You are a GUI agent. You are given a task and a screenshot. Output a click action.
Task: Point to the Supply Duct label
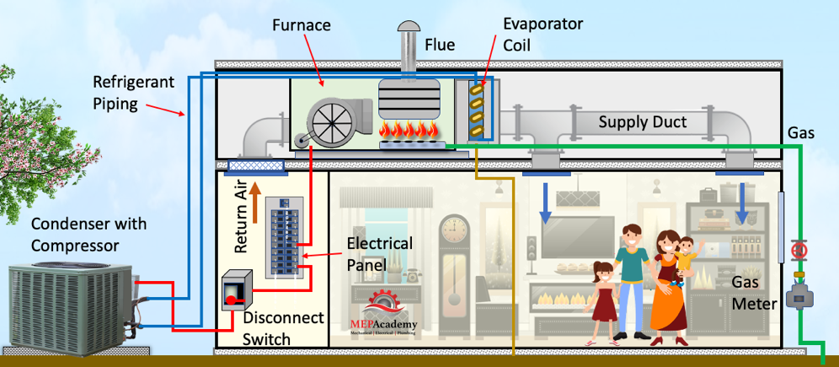642,122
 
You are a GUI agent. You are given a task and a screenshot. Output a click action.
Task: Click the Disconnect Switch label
283,328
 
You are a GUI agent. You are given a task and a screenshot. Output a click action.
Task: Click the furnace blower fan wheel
327,121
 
